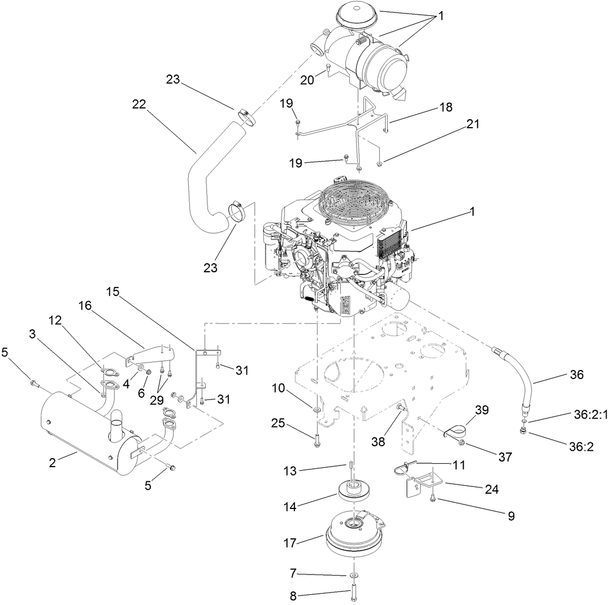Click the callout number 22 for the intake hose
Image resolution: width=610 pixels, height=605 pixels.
[x=139, y=105]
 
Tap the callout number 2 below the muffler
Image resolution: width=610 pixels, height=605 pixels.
[x=52, y=463]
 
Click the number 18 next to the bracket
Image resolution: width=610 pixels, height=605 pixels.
[x=445, y=107]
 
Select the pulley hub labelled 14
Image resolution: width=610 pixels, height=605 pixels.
[x=354, y=490]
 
